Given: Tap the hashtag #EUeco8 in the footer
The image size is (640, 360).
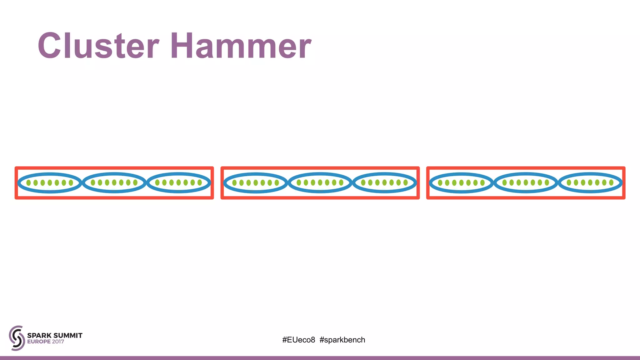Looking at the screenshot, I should pyautogui.click(x=298, y=340).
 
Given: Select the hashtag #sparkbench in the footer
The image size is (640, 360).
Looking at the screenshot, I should pyautogui.click(x=342, y=340).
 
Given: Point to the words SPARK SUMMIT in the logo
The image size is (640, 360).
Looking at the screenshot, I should pyautogui.click(x=55, y=335).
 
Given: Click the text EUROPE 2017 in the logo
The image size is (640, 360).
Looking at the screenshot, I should pyautogui.click(x=46, y=342).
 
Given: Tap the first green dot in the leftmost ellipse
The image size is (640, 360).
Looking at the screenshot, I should pyautogui.click(x=29, y=183).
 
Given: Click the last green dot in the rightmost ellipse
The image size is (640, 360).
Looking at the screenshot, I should pyautogui.click(x=611, y=182).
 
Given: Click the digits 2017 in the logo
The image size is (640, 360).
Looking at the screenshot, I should pyautogui.click(x=58, y=342).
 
